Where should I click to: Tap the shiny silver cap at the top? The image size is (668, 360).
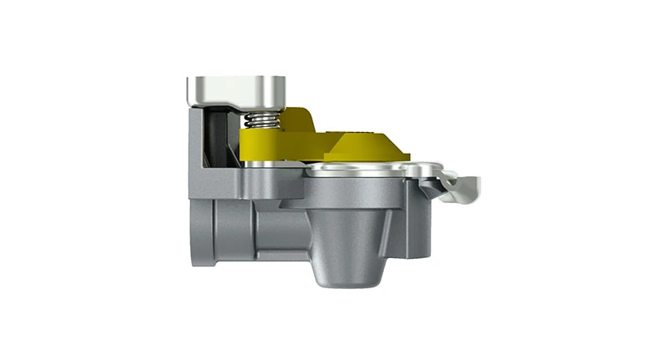click(235, 89)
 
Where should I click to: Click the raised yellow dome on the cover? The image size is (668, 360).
click(365, 148)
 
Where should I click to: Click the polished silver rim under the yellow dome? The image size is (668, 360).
click(367, 171)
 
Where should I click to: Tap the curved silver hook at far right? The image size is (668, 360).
click(463, 185)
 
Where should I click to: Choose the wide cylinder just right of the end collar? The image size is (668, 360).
click(232, 230)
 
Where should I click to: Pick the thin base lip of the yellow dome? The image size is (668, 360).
click(367, 159)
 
